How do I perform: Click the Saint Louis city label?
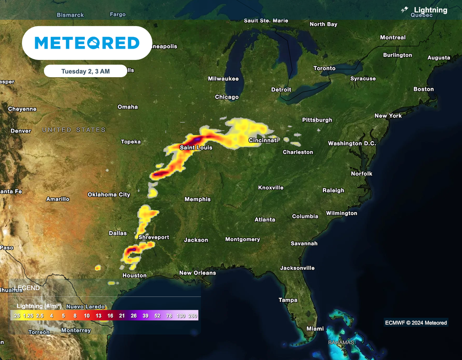coord(196,148)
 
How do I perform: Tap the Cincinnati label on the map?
coord(263,140)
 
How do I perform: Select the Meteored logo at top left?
coord(87,43)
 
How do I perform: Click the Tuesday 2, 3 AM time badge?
coord(85,71)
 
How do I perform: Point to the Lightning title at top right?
coord(430,10)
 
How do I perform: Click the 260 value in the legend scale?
coord(193,316)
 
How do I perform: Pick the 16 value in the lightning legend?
coord(110,316)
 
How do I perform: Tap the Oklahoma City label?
coord(109,195)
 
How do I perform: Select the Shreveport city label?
coord(154,237)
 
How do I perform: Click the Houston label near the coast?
coord(134,276)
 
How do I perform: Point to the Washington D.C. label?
coord(351,143)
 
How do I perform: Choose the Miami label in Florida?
coord(315,329)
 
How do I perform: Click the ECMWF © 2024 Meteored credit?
coord(416,323)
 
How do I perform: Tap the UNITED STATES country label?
coord(74,130)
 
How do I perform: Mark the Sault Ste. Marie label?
coord(266,21)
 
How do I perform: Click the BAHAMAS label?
coord(342,342)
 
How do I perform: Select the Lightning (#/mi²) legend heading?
coord(39,306)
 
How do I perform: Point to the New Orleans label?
coord(198,273)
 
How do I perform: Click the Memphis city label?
coord(198,199)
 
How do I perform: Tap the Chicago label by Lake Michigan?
coord(227,97)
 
